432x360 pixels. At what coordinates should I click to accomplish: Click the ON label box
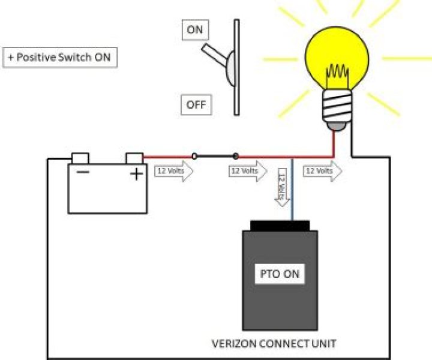pyautogui.click(x=195, y=30)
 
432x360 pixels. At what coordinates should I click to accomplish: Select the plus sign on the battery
pyautogui.click(x=137, y=174)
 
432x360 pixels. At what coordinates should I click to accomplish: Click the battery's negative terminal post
pyautogui.click(x=80, y=158)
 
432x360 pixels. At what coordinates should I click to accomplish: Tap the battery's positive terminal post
pyautogui.click(x=134, y=158)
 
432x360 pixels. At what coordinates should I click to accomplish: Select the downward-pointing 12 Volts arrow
pyautogui.click(x=282, y=187)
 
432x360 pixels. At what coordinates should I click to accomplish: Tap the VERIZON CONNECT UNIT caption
pyautogui.click(x=274, y=344)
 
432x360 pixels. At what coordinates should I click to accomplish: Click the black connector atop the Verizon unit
pyautogui.click(x=280, y=226)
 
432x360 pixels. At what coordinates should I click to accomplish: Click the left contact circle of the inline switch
pyautogui.click(x=194, y=157)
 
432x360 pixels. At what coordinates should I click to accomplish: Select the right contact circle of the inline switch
pyautogui.click(x=236, y=157)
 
